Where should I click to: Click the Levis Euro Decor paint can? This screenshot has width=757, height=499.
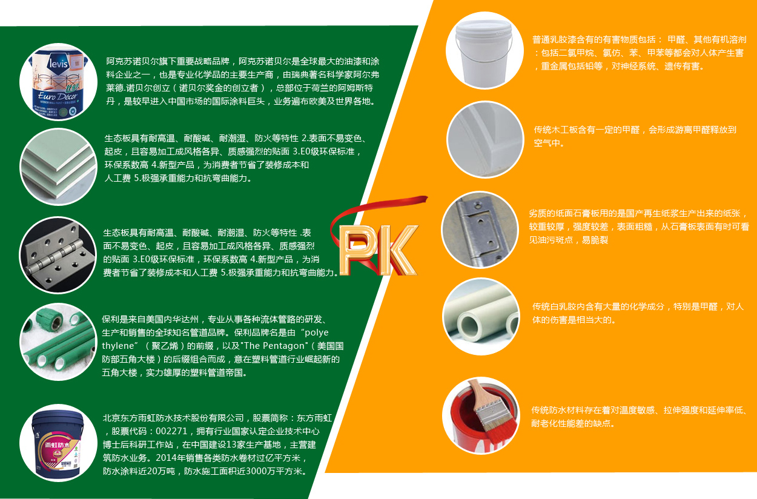(59, 82)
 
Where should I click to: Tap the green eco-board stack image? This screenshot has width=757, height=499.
(59, 167)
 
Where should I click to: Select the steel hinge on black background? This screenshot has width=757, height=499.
(58, 255)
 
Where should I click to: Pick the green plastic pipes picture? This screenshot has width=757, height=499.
(59, 342)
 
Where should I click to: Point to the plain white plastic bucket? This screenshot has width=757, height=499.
(484, 51)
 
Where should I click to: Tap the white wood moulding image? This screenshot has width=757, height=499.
(485, 139)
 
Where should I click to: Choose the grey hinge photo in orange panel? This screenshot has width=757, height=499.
(480, 230)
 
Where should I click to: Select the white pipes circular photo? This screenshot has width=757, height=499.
(481, 316)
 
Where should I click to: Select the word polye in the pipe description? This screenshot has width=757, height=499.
(317, 333)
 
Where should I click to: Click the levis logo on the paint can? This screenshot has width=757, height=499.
(59, 63)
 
